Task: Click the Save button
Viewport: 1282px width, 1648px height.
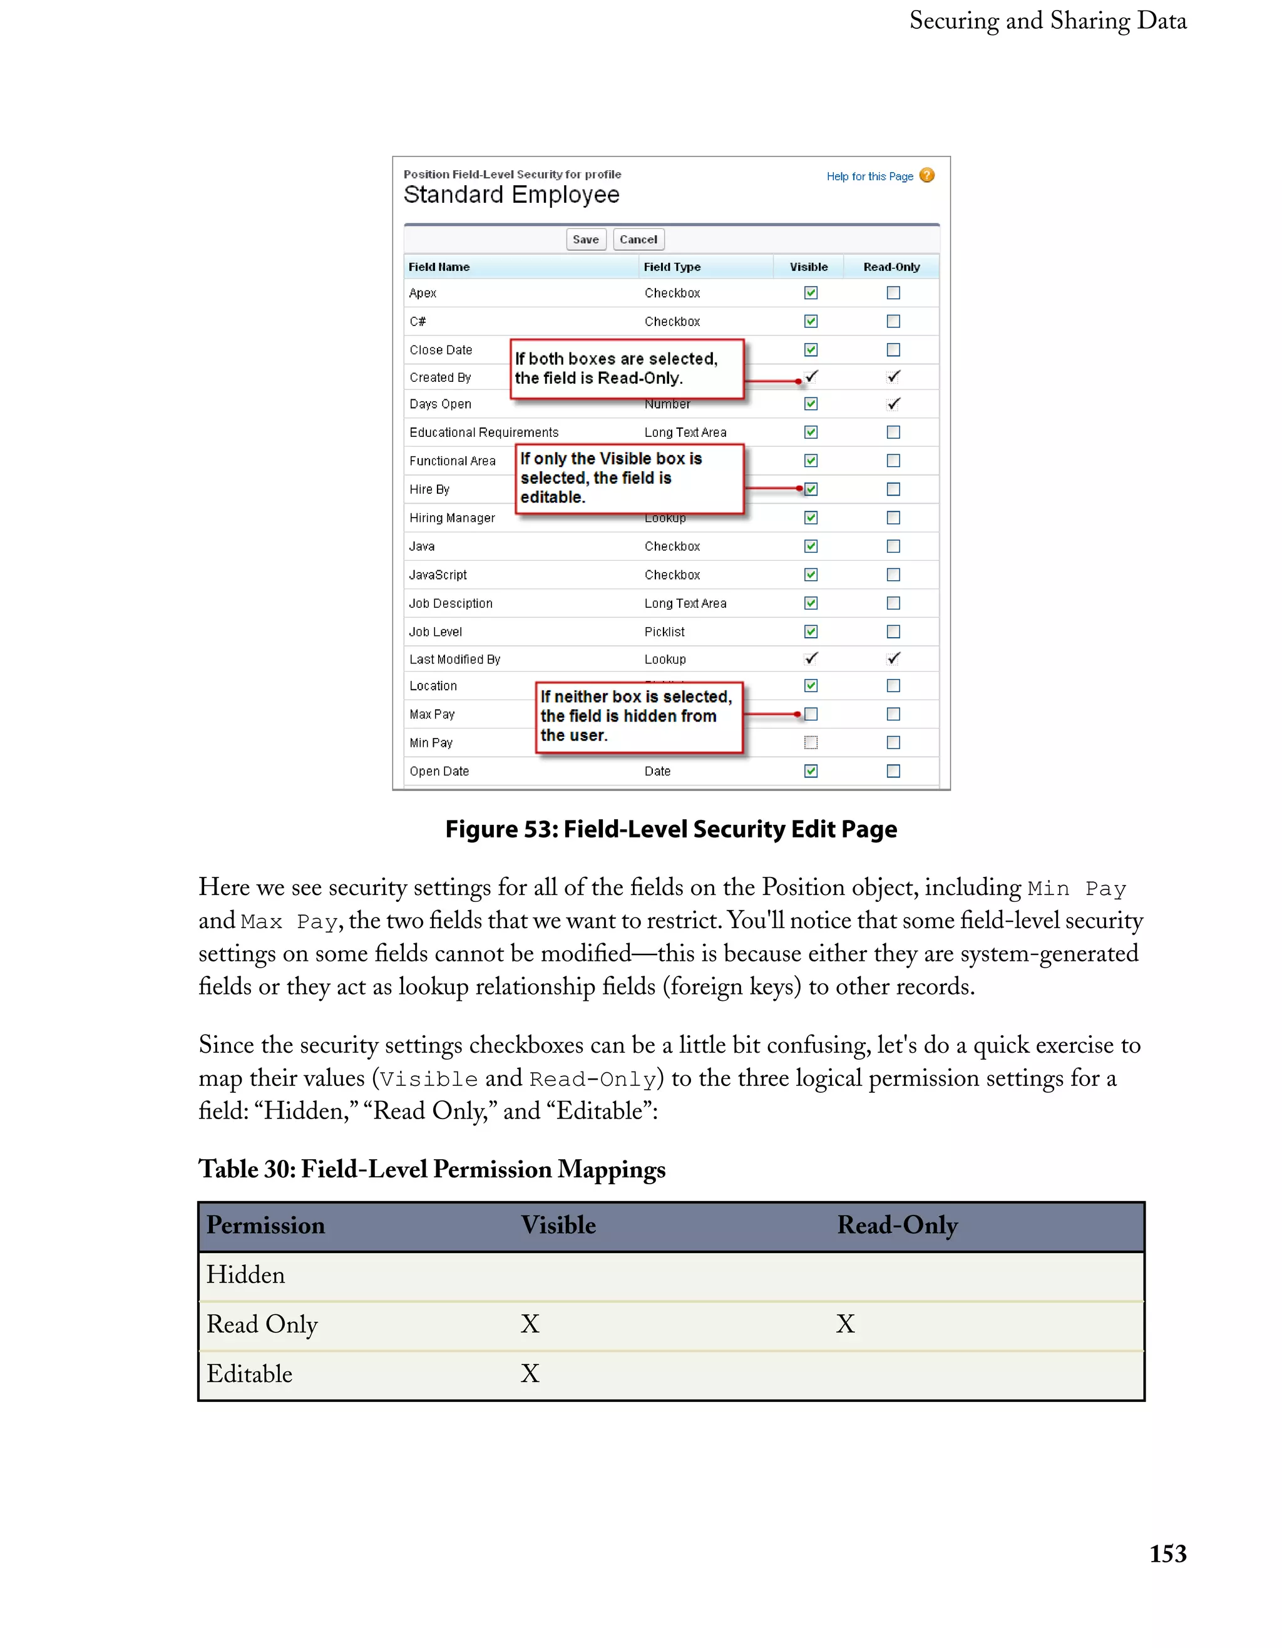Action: click(585, 240)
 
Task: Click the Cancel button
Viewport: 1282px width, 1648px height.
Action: click(638, 240)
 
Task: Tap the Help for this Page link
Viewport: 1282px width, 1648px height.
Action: click(869, 177)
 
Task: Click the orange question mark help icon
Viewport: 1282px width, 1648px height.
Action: click(927, 176)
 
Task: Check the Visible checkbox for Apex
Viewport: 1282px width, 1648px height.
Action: click(811, 293)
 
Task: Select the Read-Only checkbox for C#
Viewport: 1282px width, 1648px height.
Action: click(893, 322)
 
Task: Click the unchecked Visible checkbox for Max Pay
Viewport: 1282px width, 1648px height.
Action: click(811, 714)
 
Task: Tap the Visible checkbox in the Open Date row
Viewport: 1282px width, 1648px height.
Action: click(811, 771)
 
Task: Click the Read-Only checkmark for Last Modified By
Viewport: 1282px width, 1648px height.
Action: click(893, 658)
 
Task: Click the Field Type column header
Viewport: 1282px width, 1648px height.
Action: click(672, 267)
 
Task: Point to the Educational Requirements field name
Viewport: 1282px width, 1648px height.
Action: click(484, 432)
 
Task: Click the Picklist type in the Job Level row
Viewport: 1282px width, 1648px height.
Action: click(664, 632)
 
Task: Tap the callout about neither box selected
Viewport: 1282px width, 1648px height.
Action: click(638, 716)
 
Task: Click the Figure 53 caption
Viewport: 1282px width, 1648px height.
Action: click(671, 829)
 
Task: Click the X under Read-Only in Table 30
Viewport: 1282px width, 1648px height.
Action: click(845, 1324)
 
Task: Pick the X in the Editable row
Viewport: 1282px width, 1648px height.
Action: click(530, 1373)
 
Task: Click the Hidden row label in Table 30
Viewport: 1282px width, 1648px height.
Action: click(246, 1275)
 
